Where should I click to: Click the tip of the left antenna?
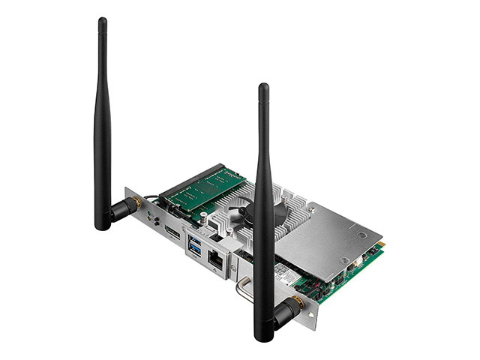[103, 22]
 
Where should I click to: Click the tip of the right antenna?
[263, 88]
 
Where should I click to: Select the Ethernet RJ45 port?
[215, 260]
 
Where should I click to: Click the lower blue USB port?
[196, 252]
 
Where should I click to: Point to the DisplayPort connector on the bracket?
[172, 232]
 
